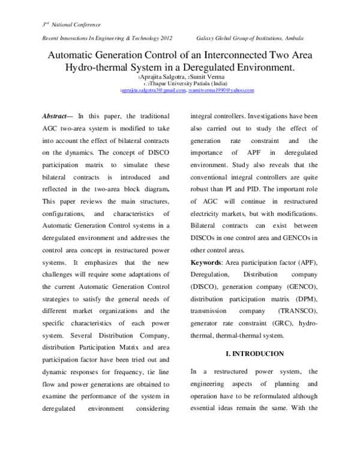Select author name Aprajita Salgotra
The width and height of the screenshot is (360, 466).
(161, 78)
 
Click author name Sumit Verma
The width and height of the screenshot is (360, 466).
(206, 78)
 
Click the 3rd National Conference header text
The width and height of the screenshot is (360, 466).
(71, 24)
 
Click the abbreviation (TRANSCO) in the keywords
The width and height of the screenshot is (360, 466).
(298, 311)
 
